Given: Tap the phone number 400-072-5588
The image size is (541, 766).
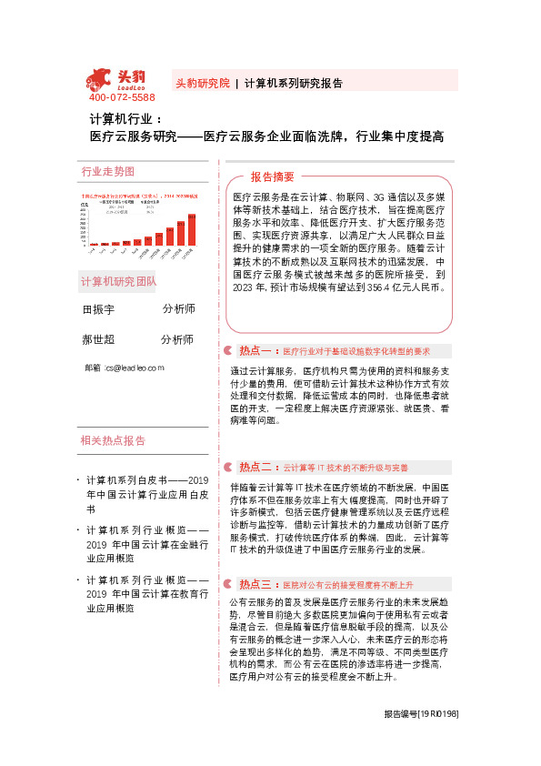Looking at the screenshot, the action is click(x=122, y=97).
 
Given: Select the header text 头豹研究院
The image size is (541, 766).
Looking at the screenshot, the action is click(x=202, y=82).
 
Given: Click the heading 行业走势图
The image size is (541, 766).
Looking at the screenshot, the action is click(x=107, y=171).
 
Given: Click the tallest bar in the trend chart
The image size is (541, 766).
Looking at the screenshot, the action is click(x=192, y=229).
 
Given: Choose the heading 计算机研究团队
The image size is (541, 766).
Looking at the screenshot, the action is click(x=118, y=280).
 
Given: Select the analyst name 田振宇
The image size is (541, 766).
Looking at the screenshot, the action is click(x=98, y=309).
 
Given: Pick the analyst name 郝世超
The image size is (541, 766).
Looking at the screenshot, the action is click(x=98, y=339).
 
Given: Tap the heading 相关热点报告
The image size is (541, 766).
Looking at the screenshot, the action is click(x=113, y=440).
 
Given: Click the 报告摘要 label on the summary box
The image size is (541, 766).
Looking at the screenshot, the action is click(x=273, y=176).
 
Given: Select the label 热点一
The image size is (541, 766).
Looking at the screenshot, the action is click(x=255, y=350).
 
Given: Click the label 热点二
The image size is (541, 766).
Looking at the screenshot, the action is click(x=255, y=467).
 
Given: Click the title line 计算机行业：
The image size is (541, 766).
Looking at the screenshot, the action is click(x=125, y=119).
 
